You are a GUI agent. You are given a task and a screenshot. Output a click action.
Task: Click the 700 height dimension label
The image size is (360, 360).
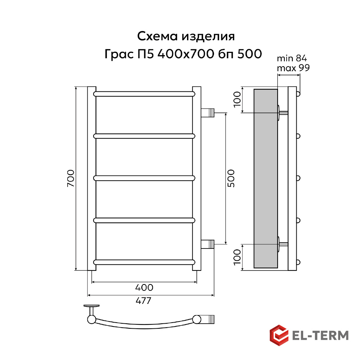click(70, 178)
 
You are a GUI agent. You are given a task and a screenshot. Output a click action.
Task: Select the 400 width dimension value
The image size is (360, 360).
click(144, 288)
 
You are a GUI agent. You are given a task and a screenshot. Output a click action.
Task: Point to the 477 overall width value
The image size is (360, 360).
click(143, 301)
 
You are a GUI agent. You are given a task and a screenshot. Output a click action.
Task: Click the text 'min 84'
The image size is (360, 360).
click(292, 59)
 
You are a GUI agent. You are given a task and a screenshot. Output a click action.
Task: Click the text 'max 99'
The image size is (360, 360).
click(293, 68)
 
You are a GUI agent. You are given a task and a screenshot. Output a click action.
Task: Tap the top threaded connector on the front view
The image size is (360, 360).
click(208, 113)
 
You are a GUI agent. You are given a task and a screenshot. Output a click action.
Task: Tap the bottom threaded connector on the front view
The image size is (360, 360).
click(208, 244)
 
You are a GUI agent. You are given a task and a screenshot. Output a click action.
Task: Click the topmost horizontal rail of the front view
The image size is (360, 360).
click(144, 94)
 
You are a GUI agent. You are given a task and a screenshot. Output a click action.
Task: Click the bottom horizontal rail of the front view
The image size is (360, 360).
click(144, 261)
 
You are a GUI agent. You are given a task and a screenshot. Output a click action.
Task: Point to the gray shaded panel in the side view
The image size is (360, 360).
click(265, 178)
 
